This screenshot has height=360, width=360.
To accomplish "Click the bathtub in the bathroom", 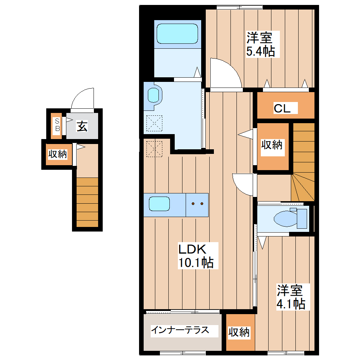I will [177, 34].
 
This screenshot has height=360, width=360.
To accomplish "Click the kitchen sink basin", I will [160, 204].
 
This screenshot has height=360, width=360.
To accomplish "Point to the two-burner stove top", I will [197, 204].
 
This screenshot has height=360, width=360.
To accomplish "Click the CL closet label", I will [282, 109].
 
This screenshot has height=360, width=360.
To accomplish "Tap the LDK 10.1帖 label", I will [195, 256].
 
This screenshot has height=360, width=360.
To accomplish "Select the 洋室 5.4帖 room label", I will [260, 44].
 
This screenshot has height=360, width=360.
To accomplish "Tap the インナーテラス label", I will [180, 330].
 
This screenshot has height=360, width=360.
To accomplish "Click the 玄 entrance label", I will [82, 126].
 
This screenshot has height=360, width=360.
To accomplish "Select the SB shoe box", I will [57, 125].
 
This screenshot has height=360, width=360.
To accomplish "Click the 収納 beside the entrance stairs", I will [58, 154].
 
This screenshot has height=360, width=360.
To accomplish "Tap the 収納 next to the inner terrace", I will [239, 332].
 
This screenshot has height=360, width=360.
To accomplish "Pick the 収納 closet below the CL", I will [272, 145].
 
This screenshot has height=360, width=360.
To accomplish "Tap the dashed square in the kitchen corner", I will [154, 148].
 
